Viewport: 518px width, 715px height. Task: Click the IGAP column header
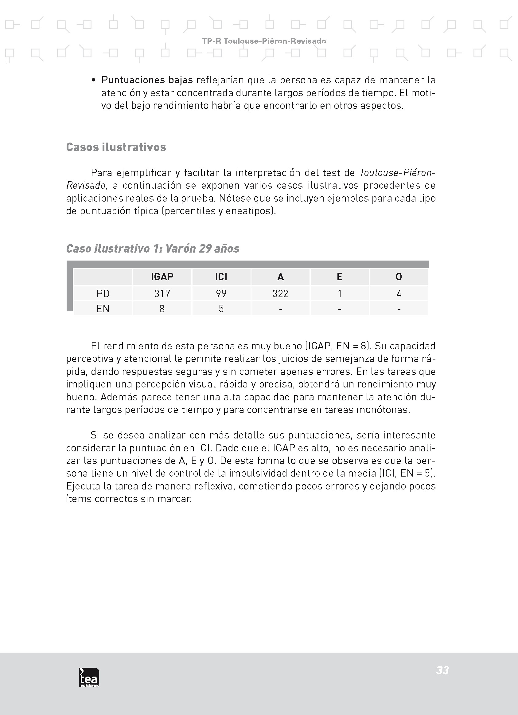tap(162, 277)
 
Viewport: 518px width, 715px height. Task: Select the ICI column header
tap(221, 277)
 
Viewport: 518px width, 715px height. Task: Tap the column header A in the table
tap(280, 277)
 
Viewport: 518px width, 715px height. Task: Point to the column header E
tap(339, 277)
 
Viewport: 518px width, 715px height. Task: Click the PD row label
tap(103, 293)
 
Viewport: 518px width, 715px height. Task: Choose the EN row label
tap(103, 308)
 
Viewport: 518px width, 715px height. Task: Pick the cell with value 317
tap(162, 293)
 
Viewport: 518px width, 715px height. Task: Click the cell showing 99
tap(221, 293)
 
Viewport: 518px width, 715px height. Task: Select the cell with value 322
tap(280, 293)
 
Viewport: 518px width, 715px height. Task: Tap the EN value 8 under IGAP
tap(162, 308)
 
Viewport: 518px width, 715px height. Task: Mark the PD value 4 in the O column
tap(399, 293)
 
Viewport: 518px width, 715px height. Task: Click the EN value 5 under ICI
tap(221, 308)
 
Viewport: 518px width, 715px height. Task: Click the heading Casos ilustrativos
tap(116, 147)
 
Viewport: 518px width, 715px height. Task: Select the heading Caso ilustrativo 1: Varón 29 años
tap(153, 248)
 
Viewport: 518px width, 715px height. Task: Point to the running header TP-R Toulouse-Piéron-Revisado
tap(264, 41)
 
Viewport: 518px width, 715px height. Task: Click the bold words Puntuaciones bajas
tap(147, 80)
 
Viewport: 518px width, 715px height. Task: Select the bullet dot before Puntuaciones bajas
tap(93, 81)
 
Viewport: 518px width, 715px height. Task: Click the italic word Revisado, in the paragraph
tap(87, 185)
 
